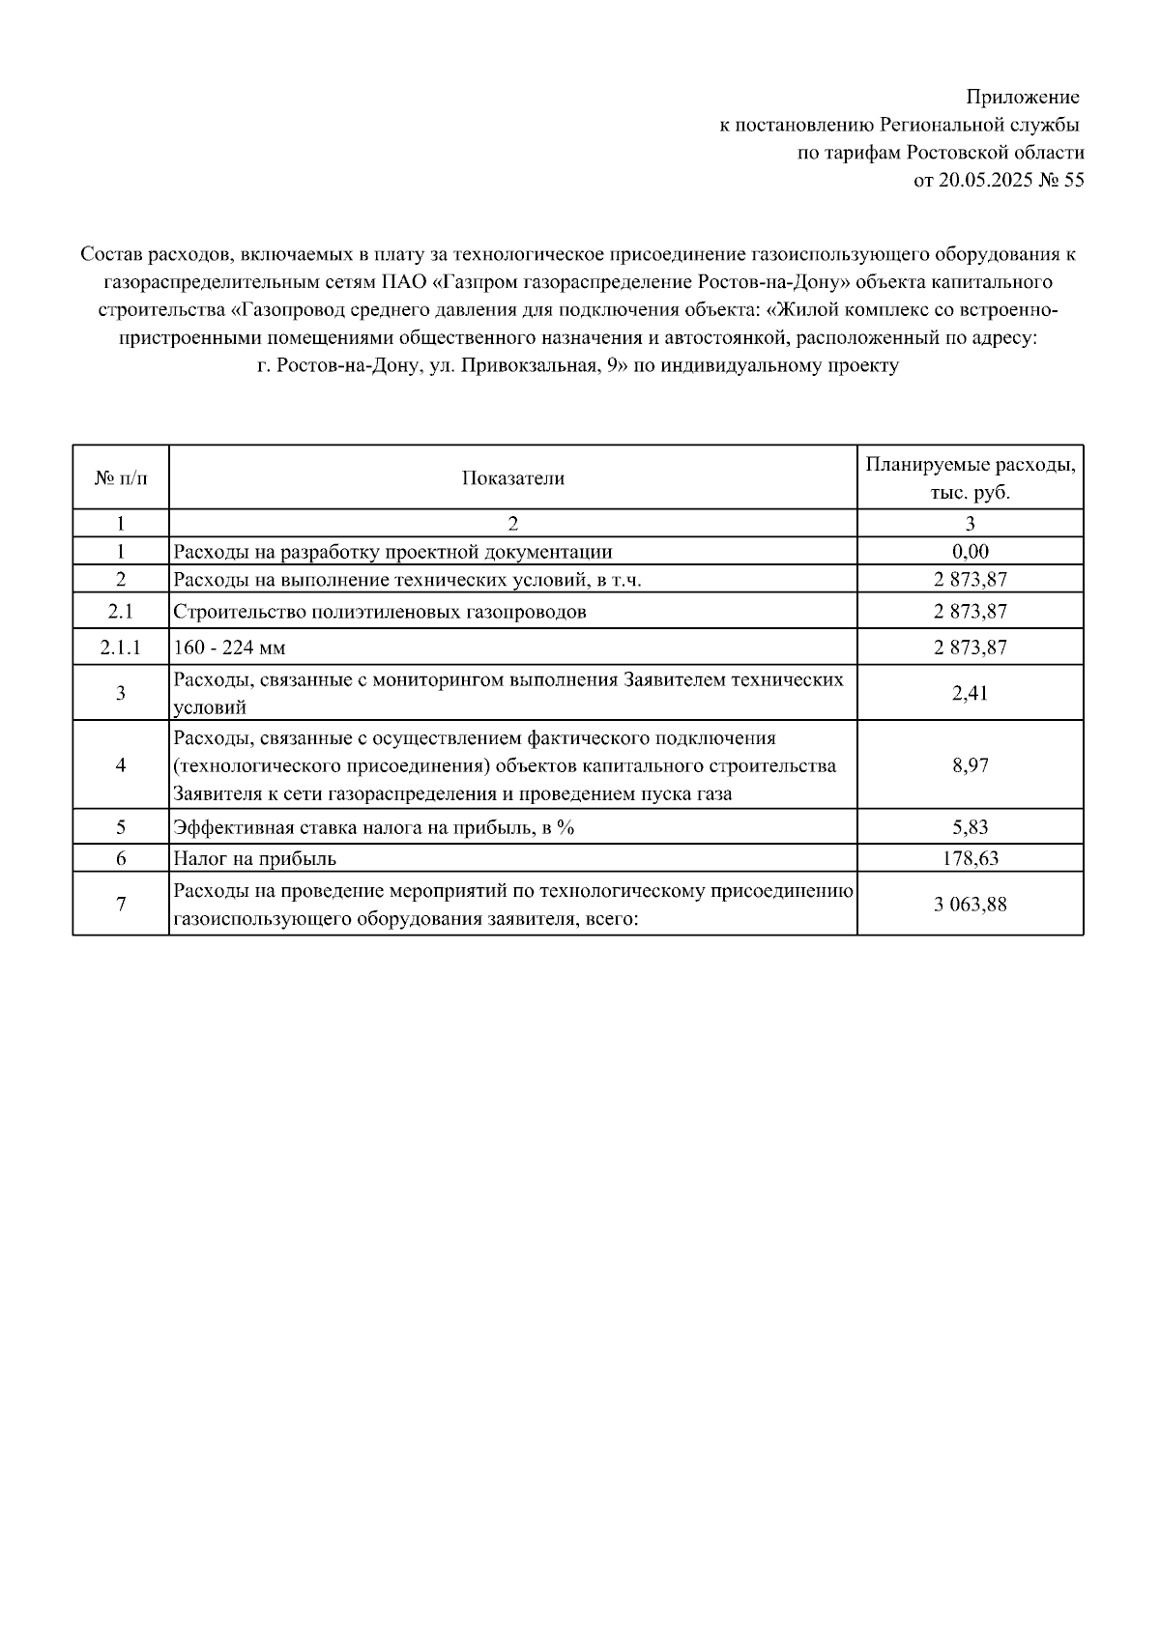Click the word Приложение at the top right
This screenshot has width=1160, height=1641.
[1023, 98]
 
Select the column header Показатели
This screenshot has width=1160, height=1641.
[512, 478]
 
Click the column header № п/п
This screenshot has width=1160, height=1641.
[121, 478]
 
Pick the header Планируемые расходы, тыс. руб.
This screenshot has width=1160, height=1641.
[970, 478]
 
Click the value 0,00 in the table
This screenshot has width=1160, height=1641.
[970, 552]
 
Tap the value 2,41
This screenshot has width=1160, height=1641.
[970, 693]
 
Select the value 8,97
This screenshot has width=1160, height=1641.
[970, 765]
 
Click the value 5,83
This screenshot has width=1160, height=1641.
[970, 827]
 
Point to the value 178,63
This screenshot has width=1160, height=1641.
[970, 858]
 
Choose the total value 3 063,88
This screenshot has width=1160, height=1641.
[970, 905]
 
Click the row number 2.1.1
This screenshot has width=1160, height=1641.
[121, 647]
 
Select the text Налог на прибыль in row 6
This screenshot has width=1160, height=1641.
[254, 858]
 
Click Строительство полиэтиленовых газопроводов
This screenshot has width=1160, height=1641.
[379, 612]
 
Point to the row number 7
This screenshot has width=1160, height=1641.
[121, 905]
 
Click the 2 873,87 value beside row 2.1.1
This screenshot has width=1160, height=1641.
[970, 647]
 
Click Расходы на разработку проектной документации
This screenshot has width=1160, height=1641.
[391, 552]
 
